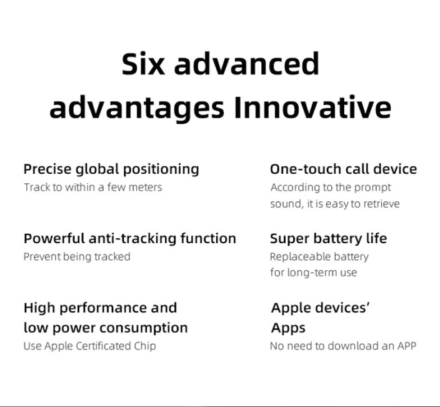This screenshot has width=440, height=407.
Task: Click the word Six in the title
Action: point(143,63)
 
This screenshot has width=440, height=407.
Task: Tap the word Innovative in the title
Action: point(312,107)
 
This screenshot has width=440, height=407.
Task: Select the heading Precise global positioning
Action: point(111,169)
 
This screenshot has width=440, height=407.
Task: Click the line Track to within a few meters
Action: point(93,187)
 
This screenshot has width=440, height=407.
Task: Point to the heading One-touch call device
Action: point(344,169)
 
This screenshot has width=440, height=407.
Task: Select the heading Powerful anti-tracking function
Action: point(129,239)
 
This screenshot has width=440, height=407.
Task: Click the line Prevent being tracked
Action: point(77,257)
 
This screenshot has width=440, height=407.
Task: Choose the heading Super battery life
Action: point(329,239)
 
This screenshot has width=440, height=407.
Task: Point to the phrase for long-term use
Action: point(314,273)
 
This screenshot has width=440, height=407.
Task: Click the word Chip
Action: point(145,346)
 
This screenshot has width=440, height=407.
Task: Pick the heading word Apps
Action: point(288,328)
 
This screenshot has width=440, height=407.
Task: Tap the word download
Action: point(353,346)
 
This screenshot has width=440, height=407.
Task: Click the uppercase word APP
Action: point(407,346)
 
